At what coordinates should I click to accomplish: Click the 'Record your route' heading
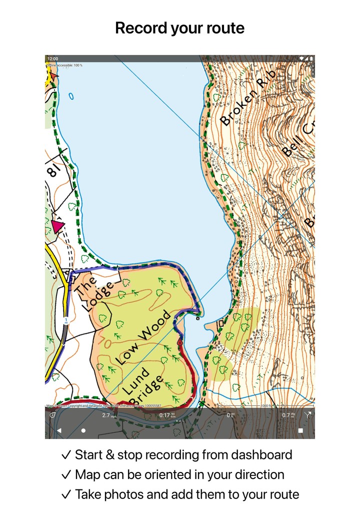tap(179, 28)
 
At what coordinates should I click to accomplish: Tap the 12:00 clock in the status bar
tap(52, 58)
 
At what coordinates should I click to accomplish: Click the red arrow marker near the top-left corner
tap(53, 75)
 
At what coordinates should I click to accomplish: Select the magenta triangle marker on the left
tap(58, 226)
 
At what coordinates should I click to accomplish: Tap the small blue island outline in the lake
tap(71, 96)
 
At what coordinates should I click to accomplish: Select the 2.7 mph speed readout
tap(107, 415)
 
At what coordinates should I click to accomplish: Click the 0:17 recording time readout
tap(164, 415)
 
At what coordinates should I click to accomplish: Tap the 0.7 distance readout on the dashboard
tap(286, 415)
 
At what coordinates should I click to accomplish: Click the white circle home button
tap(83, 430)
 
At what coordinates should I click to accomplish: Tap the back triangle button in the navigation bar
tap(58, 430)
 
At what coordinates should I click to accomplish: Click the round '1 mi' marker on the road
tap(65, 320)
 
